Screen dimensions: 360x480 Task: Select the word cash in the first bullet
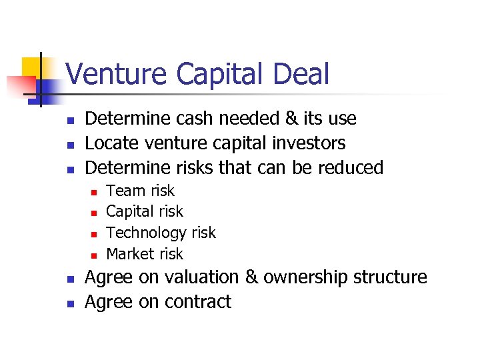[x=195, y=119]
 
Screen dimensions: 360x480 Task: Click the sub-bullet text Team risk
[x=140, y=191]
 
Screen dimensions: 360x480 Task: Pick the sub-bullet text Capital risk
[x=144, y=211]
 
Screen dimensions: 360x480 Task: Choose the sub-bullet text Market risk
[x=144, y=254]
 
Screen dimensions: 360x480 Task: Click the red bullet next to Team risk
[x=94, y=192]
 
